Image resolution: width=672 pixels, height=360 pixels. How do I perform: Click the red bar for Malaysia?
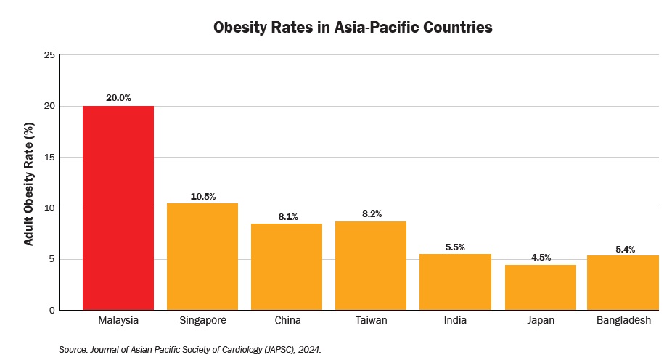(x=118, y=208)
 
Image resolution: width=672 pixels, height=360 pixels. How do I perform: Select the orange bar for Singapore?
(x=202, y=256)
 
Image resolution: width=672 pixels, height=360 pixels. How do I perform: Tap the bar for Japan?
(x=540, y=287)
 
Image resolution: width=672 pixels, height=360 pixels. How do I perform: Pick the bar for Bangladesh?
(x=623, y=282)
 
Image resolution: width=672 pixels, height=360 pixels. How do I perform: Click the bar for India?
(x=456, y=282)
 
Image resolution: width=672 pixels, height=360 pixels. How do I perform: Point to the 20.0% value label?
(x=118, y=97)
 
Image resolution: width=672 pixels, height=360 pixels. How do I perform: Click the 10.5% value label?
(x=202, y=195)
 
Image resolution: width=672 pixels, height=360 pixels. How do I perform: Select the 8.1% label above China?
(x=287, y=216)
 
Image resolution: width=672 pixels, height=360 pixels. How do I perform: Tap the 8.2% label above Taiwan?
(x=371, y=213)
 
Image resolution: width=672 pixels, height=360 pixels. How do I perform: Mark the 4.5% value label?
(x=540, y=256)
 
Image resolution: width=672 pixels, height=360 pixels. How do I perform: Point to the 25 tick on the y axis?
(x=49, y=55)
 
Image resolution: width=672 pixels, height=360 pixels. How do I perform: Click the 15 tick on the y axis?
(x=49, y=157)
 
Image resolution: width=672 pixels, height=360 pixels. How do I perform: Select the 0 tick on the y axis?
(x=52, y=311)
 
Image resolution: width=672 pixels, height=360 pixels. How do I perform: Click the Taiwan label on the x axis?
(x=371, y=320)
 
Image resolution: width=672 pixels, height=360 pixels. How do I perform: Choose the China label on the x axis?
(x=287, y=320)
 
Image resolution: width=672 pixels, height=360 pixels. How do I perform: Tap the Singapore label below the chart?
(x=202, y=320)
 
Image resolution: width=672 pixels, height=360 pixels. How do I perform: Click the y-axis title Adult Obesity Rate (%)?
(x=29, y=183)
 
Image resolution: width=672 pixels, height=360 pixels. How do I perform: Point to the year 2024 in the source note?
(x=308, y=350)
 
